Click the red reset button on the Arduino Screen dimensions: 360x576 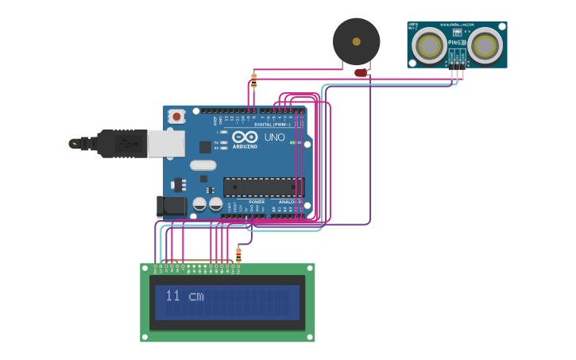tap(176, 116)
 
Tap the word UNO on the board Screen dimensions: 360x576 tap(274, 137)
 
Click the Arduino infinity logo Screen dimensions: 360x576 tap(245, 137)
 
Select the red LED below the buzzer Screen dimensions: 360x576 tap(361, 73)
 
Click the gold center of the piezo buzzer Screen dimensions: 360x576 tap(356, 41)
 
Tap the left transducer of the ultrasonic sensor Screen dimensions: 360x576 tap(430, 46)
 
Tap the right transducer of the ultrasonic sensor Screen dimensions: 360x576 tap(484, 46)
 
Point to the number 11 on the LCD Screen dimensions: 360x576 tap(172, 296)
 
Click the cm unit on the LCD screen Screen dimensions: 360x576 tap(195, 297)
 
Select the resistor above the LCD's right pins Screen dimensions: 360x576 tap(238, 254)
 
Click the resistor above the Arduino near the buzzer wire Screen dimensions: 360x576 tap(253, 80)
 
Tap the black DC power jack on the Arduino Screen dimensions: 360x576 tap(172, 207)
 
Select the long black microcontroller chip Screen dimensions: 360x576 tap(263, 188)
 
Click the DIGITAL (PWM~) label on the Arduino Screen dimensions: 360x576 tap(273, 125)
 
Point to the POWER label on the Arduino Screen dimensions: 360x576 tap(257, 202)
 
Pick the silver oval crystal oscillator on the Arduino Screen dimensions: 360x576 tap(203, 165)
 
